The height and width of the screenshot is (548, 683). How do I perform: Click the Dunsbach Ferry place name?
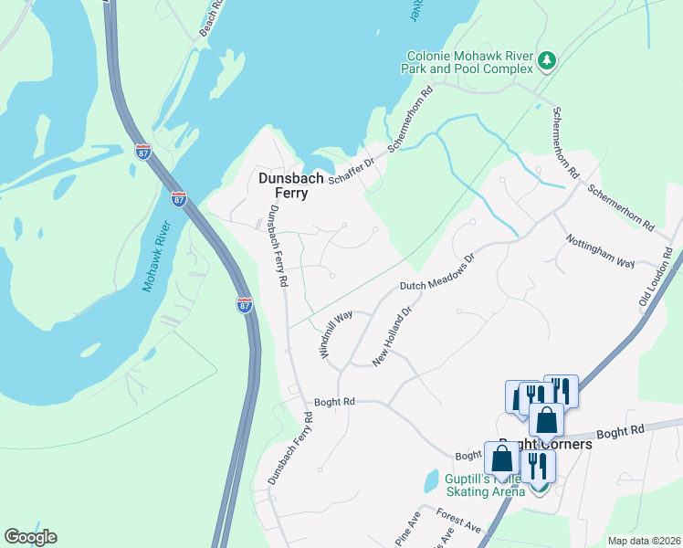290,185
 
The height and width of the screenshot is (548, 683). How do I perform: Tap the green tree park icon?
547,60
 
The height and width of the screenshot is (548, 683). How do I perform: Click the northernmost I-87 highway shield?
142,151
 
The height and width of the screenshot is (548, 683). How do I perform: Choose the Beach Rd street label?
214,16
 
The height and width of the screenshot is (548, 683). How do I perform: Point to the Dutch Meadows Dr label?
438,272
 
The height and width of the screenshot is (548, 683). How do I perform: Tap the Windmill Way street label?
336,333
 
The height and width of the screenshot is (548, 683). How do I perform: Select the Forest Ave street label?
457,521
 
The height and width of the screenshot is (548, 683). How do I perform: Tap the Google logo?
30,537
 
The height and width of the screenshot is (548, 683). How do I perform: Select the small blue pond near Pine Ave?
430,480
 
